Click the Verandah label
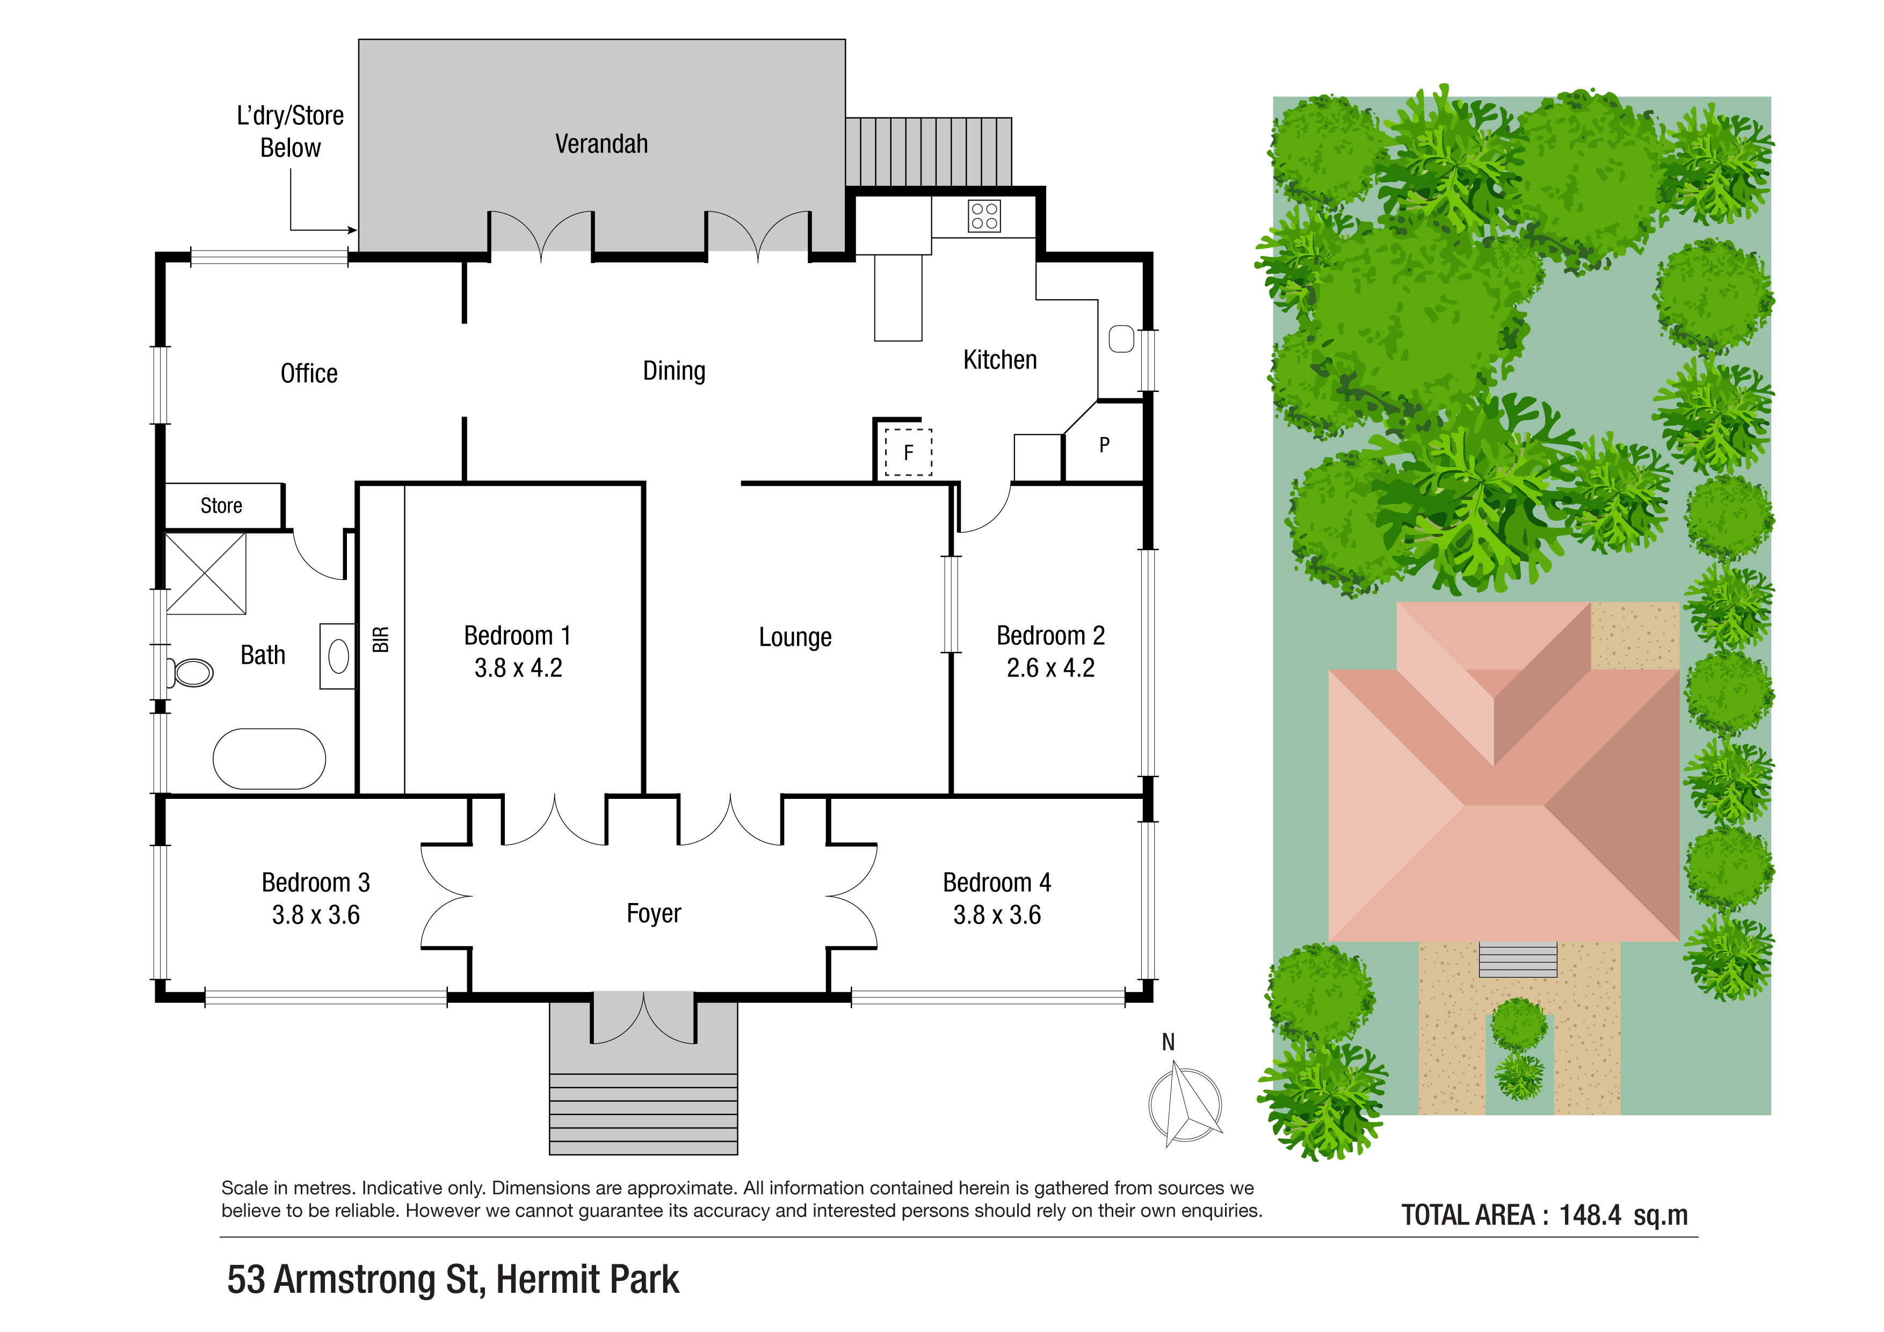602,144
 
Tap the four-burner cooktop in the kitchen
984,216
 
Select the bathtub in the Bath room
269,759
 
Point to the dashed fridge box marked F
908,452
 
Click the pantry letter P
1105,446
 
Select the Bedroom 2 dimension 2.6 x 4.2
1050,668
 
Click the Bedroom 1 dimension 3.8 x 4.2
518,668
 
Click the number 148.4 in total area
1589,1215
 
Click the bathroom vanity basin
338,656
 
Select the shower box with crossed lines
206,573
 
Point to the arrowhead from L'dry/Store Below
353,230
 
